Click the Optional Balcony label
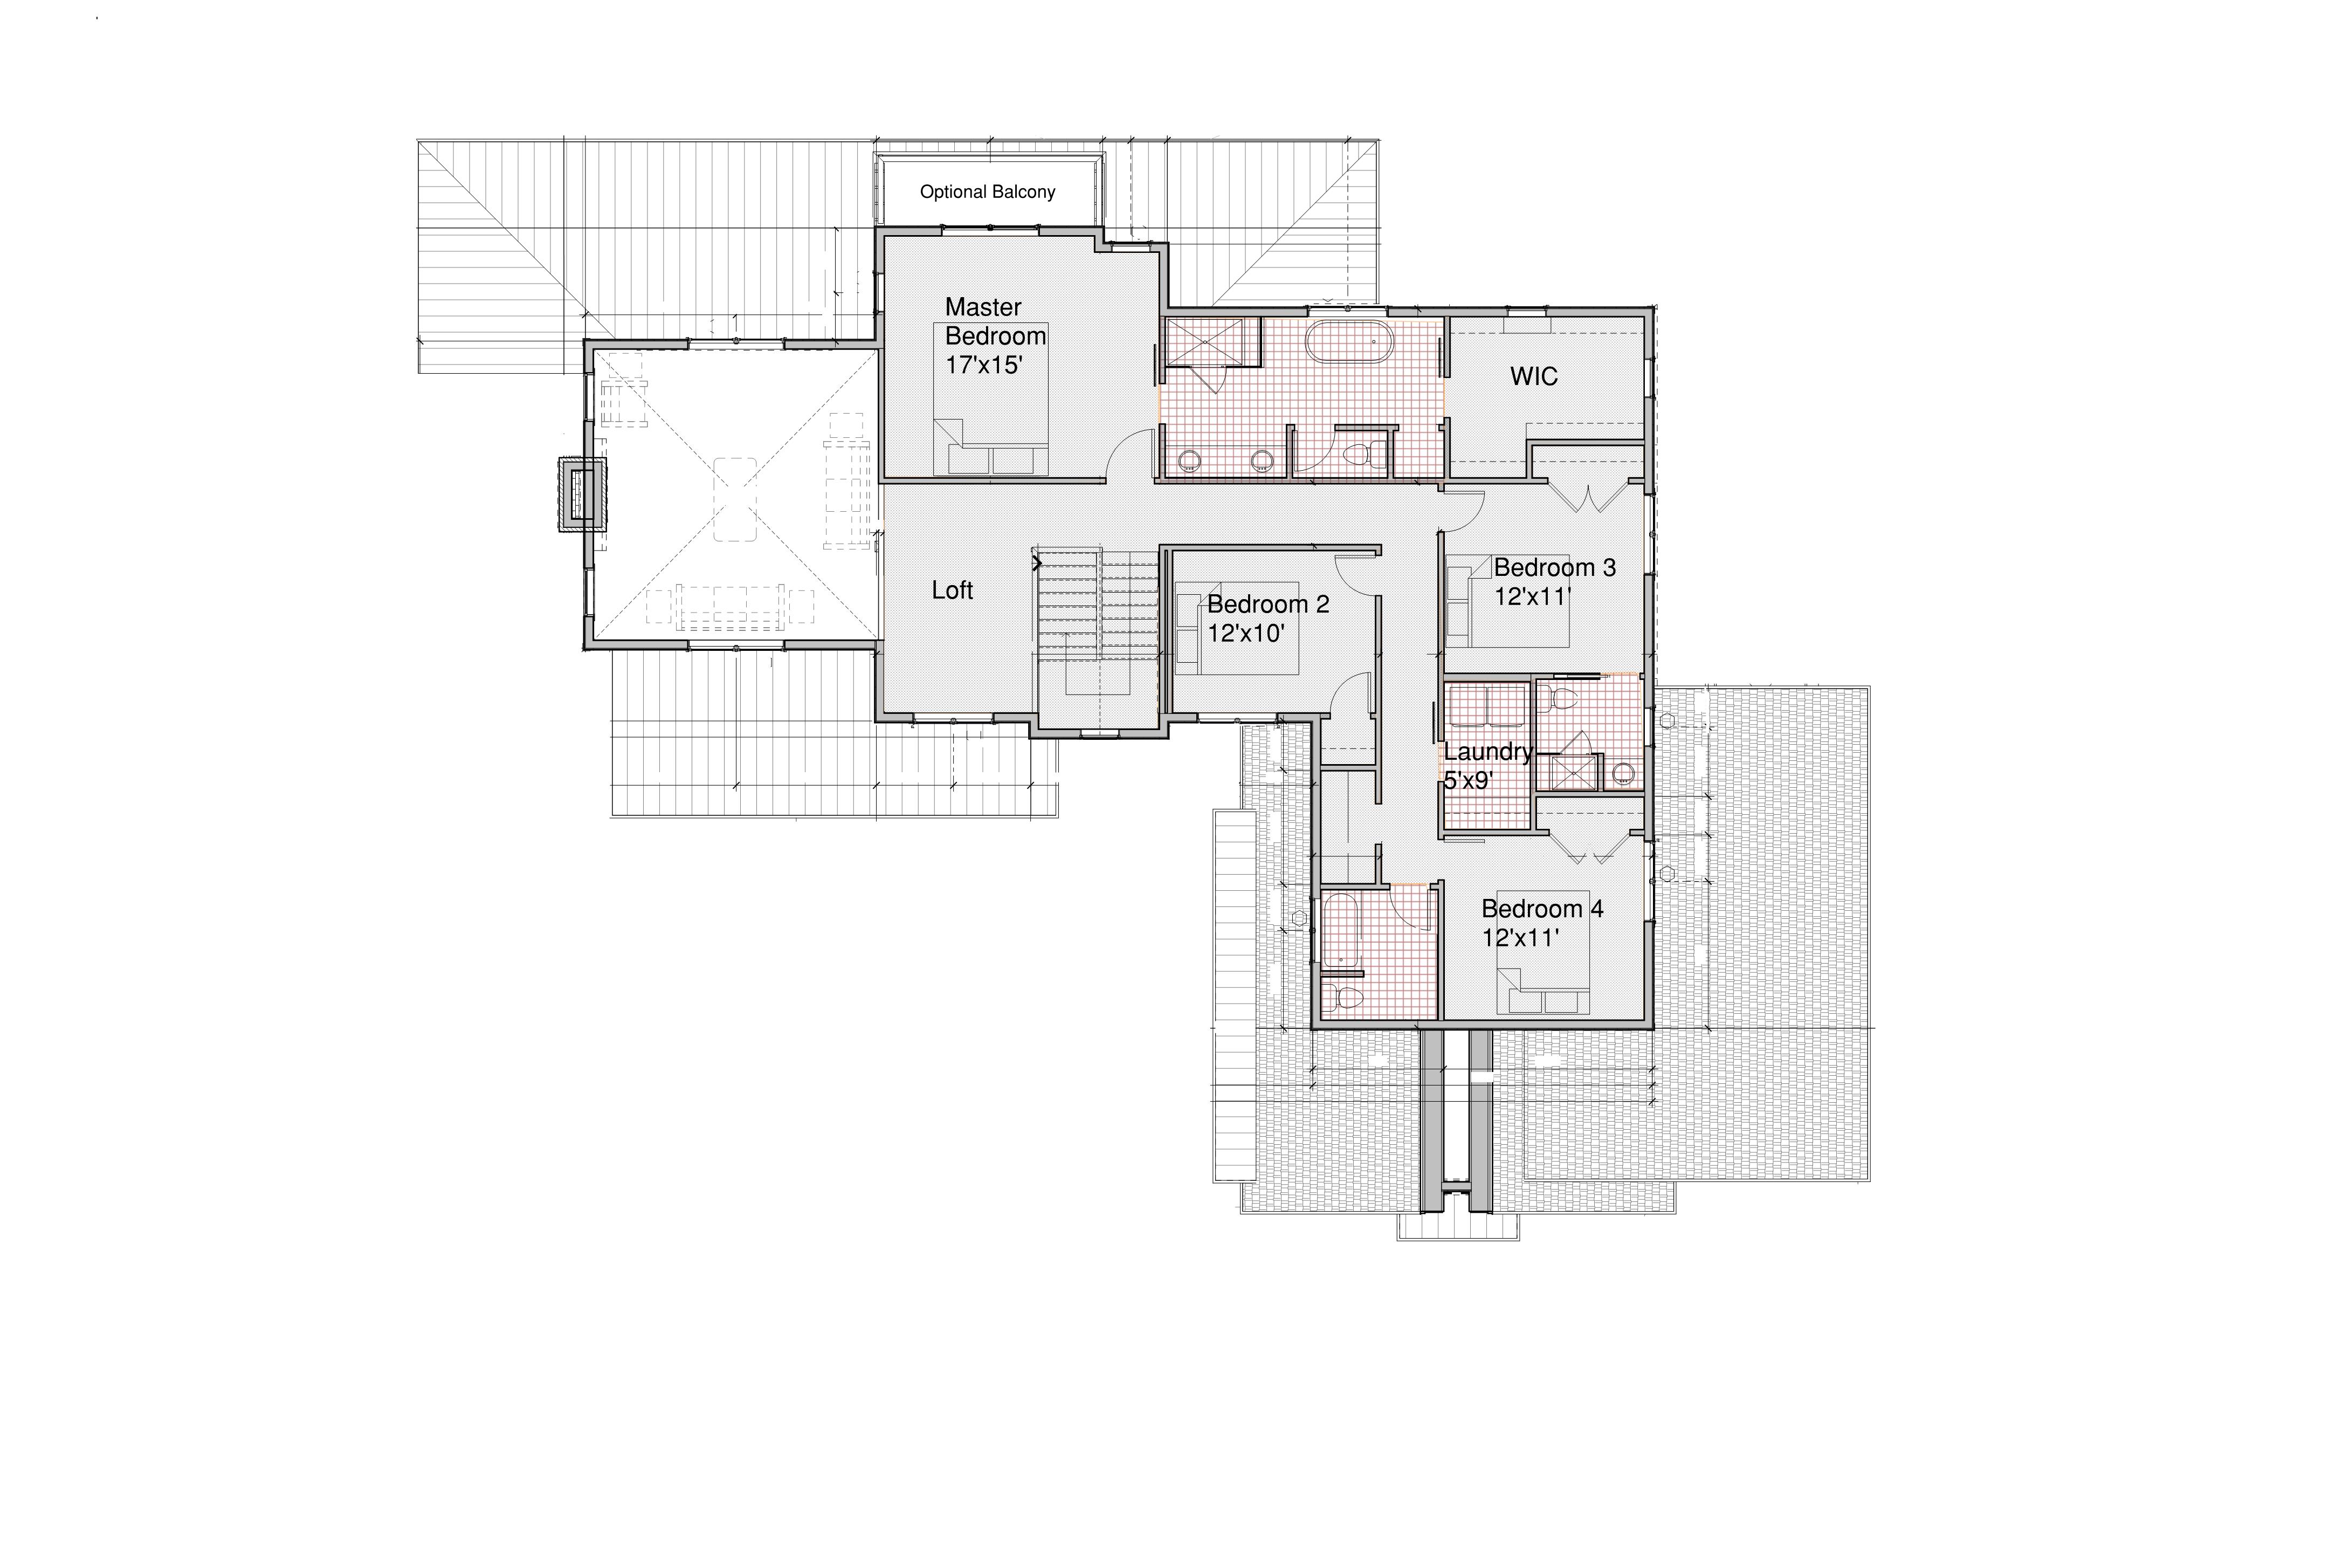(987, 192)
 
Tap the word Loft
(953, 590)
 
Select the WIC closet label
(1534, 376)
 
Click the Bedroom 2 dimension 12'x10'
(1246, 633)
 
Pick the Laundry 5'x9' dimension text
(1467, 780)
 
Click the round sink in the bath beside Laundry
(1623, 773)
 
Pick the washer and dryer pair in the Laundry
(1487, 707)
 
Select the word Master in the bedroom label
(982, 307)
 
